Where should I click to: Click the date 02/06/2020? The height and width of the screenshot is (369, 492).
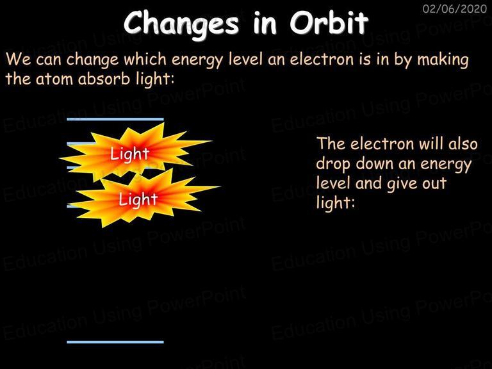[x=455, y=8]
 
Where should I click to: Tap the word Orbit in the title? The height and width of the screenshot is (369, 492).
[x=329, y=22]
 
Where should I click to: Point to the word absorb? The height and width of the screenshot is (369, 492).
[x=104, y=78]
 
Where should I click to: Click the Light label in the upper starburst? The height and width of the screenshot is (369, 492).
[x=129, y=154]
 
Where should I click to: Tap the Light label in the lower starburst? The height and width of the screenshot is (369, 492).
[x=138, y=200]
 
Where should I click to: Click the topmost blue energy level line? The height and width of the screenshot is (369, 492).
[x=115, y=119]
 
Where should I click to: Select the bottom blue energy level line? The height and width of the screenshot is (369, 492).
[x=115, y=342]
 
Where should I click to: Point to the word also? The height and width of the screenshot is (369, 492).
[x=463, y=143]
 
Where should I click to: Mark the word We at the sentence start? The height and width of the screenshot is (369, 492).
[x=18, y=59]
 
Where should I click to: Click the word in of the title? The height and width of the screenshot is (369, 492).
[x=265, y=23]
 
